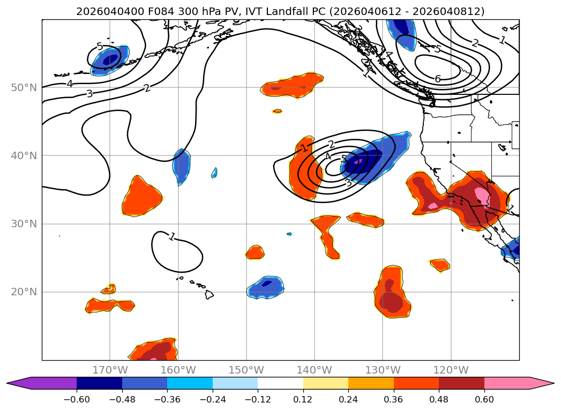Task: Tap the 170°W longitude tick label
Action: click(110, 370)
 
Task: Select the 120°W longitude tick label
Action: click(451, 370)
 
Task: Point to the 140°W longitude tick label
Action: click(315, 370)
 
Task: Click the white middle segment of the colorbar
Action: click(280, 383)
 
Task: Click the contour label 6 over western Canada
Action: click(438, 79)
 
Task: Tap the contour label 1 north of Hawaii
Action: click(171, 236)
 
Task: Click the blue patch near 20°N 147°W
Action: click(266, 287)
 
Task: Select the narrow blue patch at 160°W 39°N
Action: click(182, 166)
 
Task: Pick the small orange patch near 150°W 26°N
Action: click(256, 252)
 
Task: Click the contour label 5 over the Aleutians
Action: click(99, 47)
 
